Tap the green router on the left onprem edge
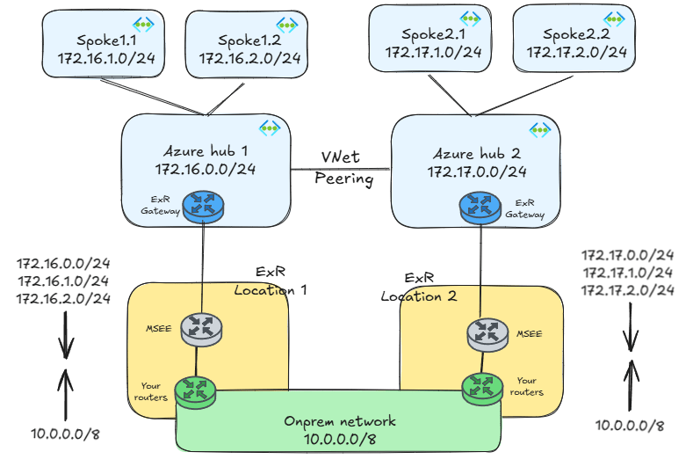(x=195, y=389)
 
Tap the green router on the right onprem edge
(x=481, y=386)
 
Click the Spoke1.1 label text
(x=88, y=40)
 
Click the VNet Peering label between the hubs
(x=344, y=168)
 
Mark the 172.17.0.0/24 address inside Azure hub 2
(x=477, y=171)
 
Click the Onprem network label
(x=339, y=421)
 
